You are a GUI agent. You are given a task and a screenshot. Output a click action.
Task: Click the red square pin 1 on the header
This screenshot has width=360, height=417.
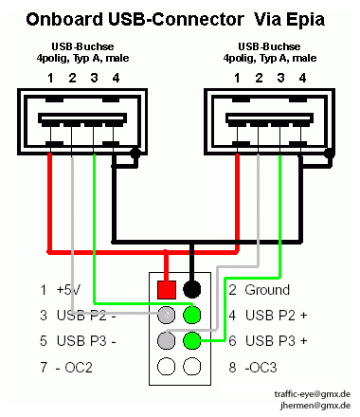click(167, 290)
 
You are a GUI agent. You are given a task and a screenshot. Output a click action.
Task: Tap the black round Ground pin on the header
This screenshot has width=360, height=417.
click(191, 289)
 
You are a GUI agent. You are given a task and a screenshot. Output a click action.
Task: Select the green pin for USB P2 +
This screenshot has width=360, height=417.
click(192, 315)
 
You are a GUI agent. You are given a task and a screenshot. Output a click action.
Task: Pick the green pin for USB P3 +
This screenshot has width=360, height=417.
click(192, 340)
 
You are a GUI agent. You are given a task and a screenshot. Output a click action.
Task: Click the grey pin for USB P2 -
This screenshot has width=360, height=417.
click(166, 315)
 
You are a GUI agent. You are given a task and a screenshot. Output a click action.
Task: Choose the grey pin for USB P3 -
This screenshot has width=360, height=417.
click(166, 340)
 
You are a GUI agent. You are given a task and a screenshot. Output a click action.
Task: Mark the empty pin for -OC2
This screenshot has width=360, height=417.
click(166, 367)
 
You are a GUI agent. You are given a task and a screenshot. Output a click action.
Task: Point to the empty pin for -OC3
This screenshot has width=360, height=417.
click(192, 367)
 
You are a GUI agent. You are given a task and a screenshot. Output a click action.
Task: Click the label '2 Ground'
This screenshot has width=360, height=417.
click(259, 290)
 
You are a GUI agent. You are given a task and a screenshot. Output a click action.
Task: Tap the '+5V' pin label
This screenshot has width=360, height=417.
click(68, 290)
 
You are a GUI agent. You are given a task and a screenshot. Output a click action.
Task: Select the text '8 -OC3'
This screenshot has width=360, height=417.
click(253, 368)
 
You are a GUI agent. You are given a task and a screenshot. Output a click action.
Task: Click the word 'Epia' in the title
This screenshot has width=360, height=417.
click(305, 20)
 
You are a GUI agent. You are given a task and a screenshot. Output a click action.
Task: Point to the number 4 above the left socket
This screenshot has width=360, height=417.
click(116, 78)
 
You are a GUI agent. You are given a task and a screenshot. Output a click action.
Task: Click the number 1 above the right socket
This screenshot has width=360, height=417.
click(237, 78)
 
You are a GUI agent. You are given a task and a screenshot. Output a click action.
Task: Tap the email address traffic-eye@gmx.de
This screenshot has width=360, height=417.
click(313, 394)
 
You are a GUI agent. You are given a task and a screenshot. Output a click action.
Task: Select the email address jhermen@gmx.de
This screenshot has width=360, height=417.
click(315, 406)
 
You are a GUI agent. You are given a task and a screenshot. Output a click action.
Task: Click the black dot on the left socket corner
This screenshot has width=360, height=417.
click(135, 154)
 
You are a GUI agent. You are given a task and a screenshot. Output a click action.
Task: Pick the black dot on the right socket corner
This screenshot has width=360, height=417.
click(330, 154)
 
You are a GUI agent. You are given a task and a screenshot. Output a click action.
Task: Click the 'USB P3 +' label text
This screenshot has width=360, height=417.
click(277, 341)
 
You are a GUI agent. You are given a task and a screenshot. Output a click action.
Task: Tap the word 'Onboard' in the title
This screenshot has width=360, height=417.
click(64, 19)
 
